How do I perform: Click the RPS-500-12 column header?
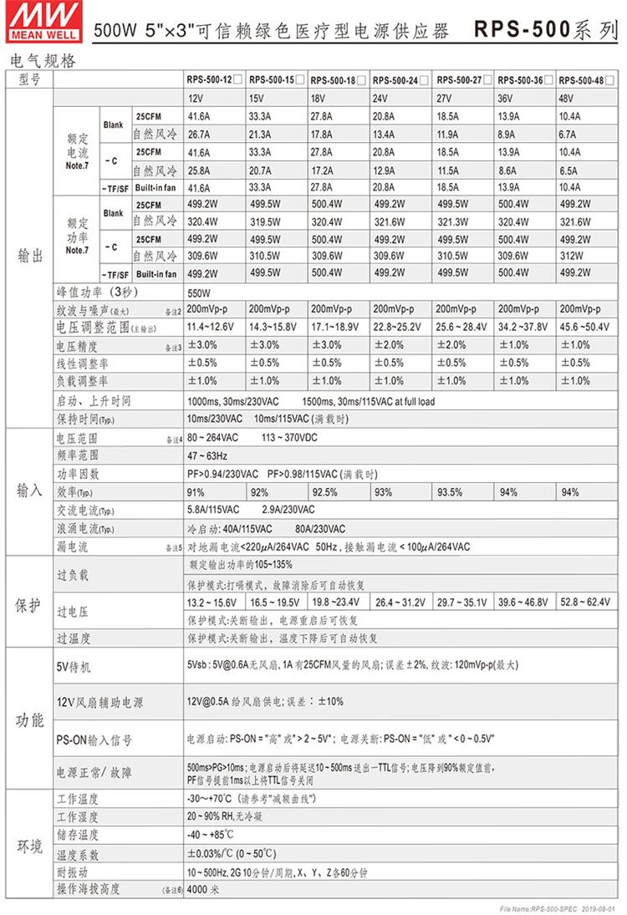[x=211, y=80]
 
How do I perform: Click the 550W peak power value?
[x=199, y=293]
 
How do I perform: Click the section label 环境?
[x=29, y=846]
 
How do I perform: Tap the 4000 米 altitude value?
[x=203, y=889]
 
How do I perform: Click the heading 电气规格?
[x=41, y=61]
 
